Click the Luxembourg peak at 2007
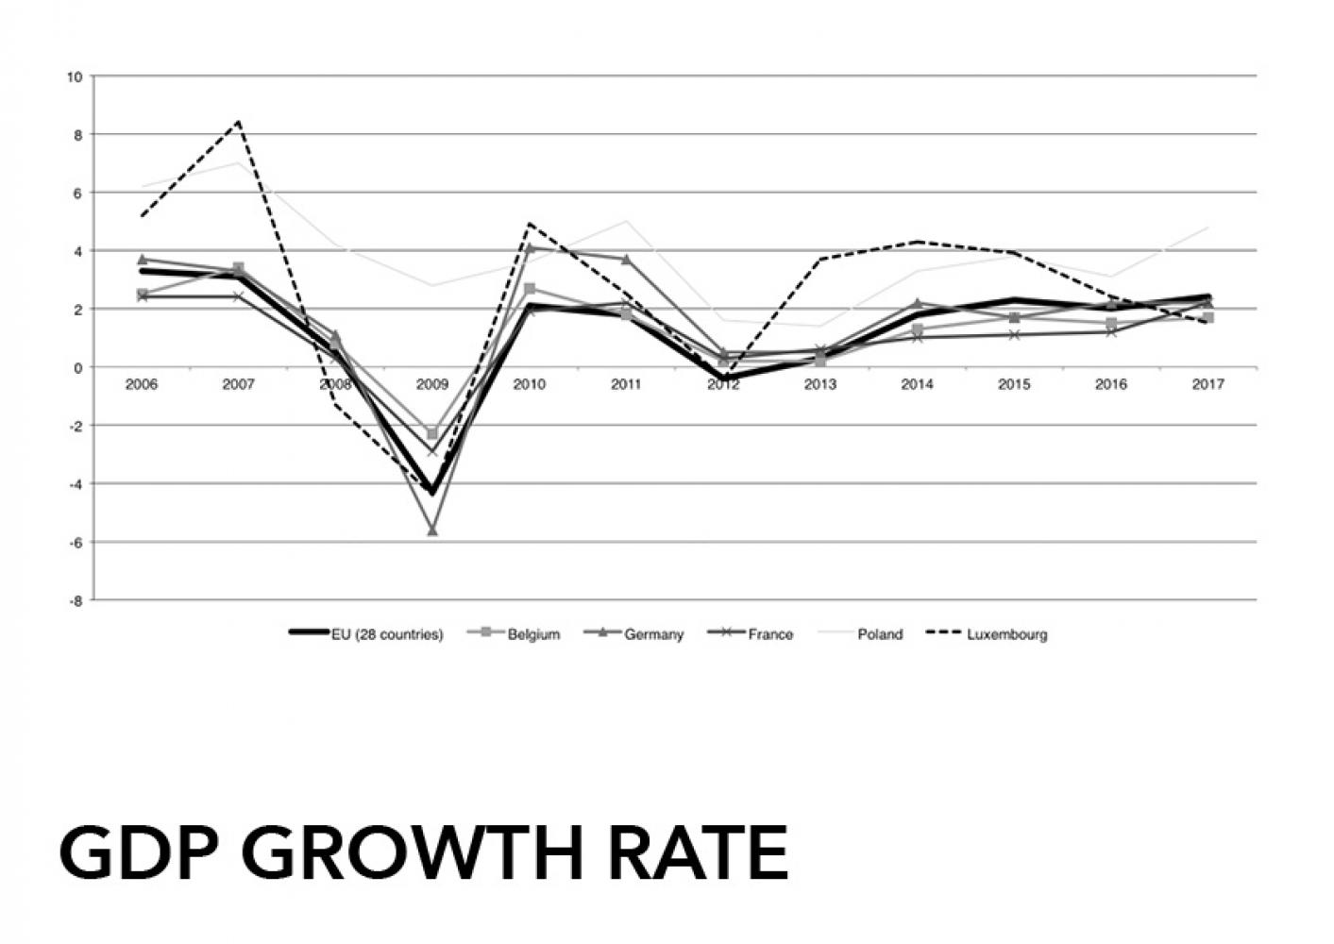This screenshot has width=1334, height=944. click(239, 122)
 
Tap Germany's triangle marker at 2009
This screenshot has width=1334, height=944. click(432, 531)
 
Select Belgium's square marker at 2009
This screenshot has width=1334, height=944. click(432, 434)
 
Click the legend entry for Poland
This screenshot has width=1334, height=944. click(879, 634)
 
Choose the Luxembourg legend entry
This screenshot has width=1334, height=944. click(1006, 634)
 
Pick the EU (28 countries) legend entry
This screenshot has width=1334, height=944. click(386, 634)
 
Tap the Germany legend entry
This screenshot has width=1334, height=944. click(653, 634)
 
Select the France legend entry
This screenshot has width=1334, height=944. click(770, 634)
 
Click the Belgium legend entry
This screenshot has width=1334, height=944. click(533, 634)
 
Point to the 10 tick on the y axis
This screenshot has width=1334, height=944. click(75, 76)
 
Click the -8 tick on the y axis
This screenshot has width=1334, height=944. click(75, 600)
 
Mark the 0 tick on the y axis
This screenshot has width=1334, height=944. click(78, 367)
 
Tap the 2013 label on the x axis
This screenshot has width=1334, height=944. click(819, 385)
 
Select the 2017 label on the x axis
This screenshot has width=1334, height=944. click(1207, 385)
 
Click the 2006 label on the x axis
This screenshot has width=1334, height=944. click(142, 385)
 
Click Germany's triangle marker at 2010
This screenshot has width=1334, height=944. click(530, 247)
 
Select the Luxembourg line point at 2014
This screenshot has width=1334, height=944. click(917, 242)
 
